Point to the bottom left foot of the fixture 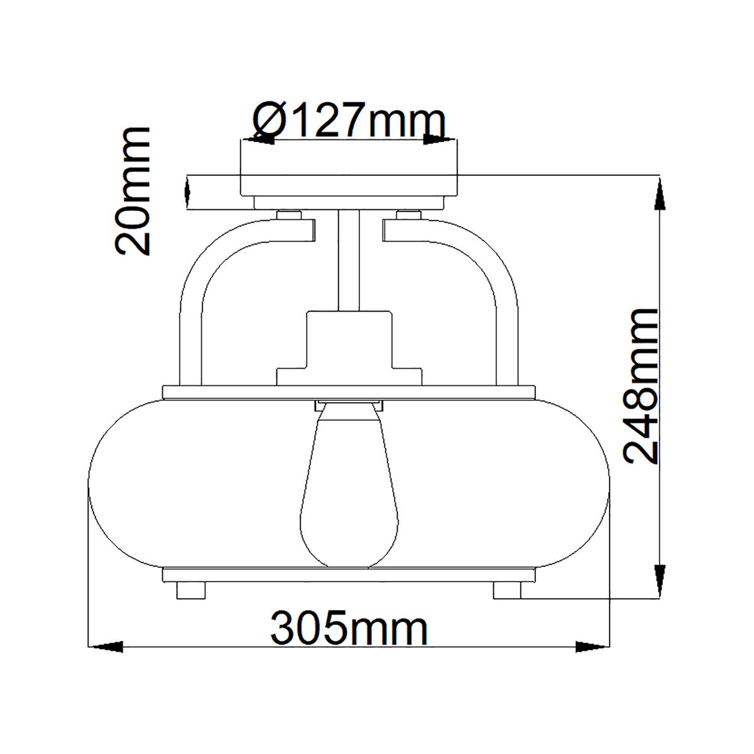click(192, 591)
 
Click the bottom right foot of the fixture click(507, 591)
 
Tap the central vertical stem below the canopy click(349, 261)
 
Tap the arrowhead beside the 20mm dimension click(187, 192)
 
